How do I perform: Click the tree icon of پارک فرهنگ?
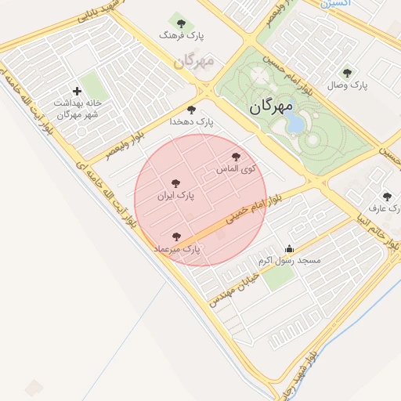[182, 23]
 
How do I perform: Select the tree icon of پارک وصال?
[347, 73]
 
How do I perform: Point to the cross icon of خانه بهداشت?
[77, 92]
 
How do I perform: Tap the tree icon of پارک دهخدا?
[191, 110]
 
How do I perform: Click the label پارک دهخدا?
[191, 122]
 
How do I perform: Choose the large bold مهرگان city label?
[270, 106]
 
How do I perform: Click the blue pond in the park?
[294, 122]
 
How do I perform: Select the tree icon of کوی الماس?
[237, 157]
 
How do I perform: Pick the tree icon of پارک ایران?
[175, 183]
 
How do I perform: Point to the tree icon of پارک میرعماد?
[175, 236]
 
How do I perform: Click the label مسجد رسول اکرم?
[285, 260]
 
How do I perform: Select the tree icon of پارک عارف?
[386, 197]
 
